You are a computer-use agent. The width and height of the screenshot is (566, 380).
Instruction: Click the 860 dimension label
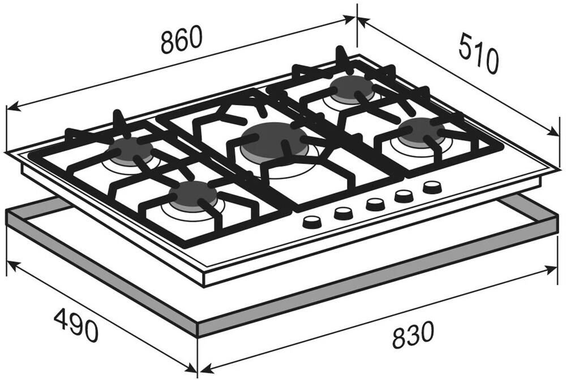click(x=181, y=40)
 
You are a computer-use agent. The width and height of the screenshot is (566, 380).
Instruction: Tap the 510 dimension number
click(x=479, y=53)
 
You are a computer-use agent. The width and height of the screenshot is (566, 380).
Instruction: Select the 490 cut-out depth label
click(x=76, y=324)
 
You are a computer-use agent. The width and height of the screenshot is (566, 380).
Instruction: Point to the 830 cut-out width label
click(x=413, y=335)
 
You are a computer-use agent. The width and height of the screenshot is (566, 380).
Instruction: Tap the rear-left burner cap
click(x=131, y=149)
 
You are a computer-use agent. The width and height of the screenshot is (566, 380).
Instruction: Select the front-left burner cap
click(x=194, y=195)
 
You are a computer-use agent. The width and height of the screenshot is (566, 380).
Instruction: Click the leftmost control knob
click(x=312, y=222)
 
